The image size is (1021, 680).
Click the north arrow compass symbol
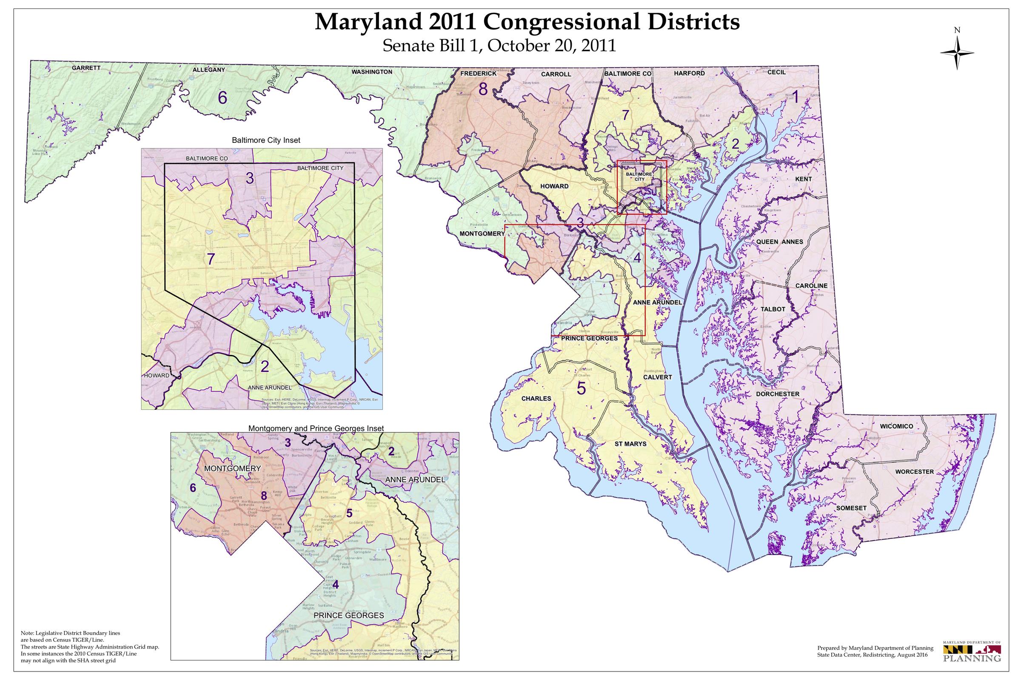[x=957, y=52]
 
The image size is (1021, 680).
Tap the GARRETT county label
[x=86, y=68]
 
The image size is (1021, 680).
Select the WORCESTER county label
[x=913, y=471]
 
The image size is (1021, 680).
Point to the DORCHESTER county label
[x=778, y=394]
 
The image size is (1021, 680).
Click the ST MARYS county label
[x=630, y=444]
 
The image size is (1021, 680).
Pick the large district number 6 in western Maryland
[x=222, y=98]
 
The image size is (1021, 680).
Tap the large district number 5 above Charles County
[x=581, y=388]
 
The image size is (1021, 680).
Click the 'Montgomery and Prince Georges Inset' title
[x=316, y=428]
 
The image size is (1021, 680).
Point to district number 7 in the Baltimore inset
[x=210, y=259]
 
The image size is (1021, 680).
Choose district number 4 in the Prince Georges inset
[x=335, y=585]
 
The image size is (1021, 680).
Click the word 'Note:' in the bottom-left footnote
[x=28, y=632]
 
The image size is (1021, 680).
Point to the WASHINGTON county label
[x=371, y=71]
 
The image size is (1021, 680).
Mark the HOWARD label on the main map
[x=554, y=186]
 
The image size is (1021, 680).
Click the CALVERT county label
[x=658, y=377]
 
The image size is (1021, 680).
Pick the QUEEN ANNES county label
[x=780, y=241]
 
